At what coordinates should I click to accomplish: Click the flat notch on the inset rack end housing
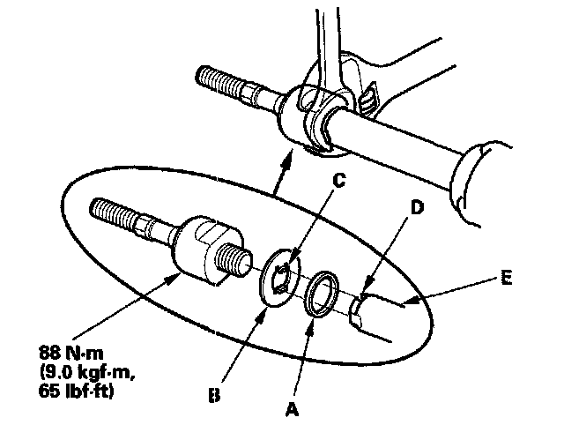point(211,233)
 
